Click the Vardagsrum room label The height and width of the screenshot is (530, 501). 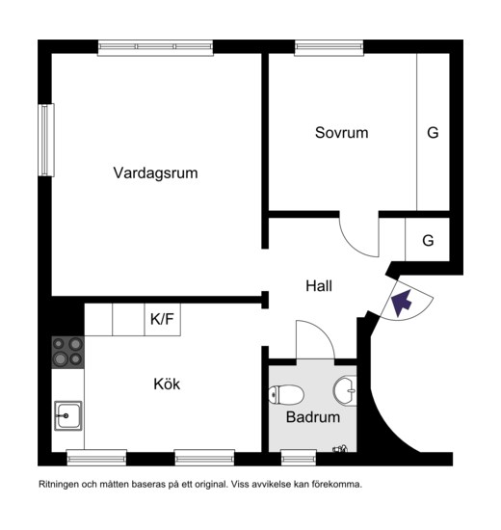(155, 173)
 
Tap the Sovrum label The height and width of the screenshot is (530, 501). (341, 133)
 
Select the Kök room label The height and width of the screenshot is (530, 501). (167, 384)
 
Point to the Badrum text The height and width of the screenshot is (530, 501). (313, 417)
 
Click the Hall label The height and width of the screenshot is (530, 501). (319, 286)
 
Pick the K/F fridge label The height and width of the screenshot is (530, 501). (162, 319)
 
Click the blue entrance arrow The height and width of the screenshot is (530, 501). (401, 302)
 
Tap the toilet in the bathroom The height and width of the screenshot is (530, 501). (286, 394)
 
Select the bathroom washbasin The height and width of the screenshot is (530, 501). (345, 390)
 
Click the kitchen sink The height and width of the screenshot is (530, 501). (68, 415)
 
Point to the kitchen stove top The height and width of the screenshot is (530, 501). (67, 353)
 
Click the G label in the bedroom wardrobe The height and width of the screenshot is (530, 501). (433, 133)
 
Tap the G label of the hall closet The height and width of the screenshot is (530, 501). (428, 241)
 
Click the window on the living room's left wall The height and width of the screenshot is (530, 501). (46, 140)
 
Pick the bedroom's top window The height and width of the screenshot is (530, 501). (329, 47)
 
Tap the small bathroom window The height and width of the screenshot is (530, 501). (299, 458)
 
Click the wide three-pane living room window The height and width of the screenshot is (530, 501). (155, 47)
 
